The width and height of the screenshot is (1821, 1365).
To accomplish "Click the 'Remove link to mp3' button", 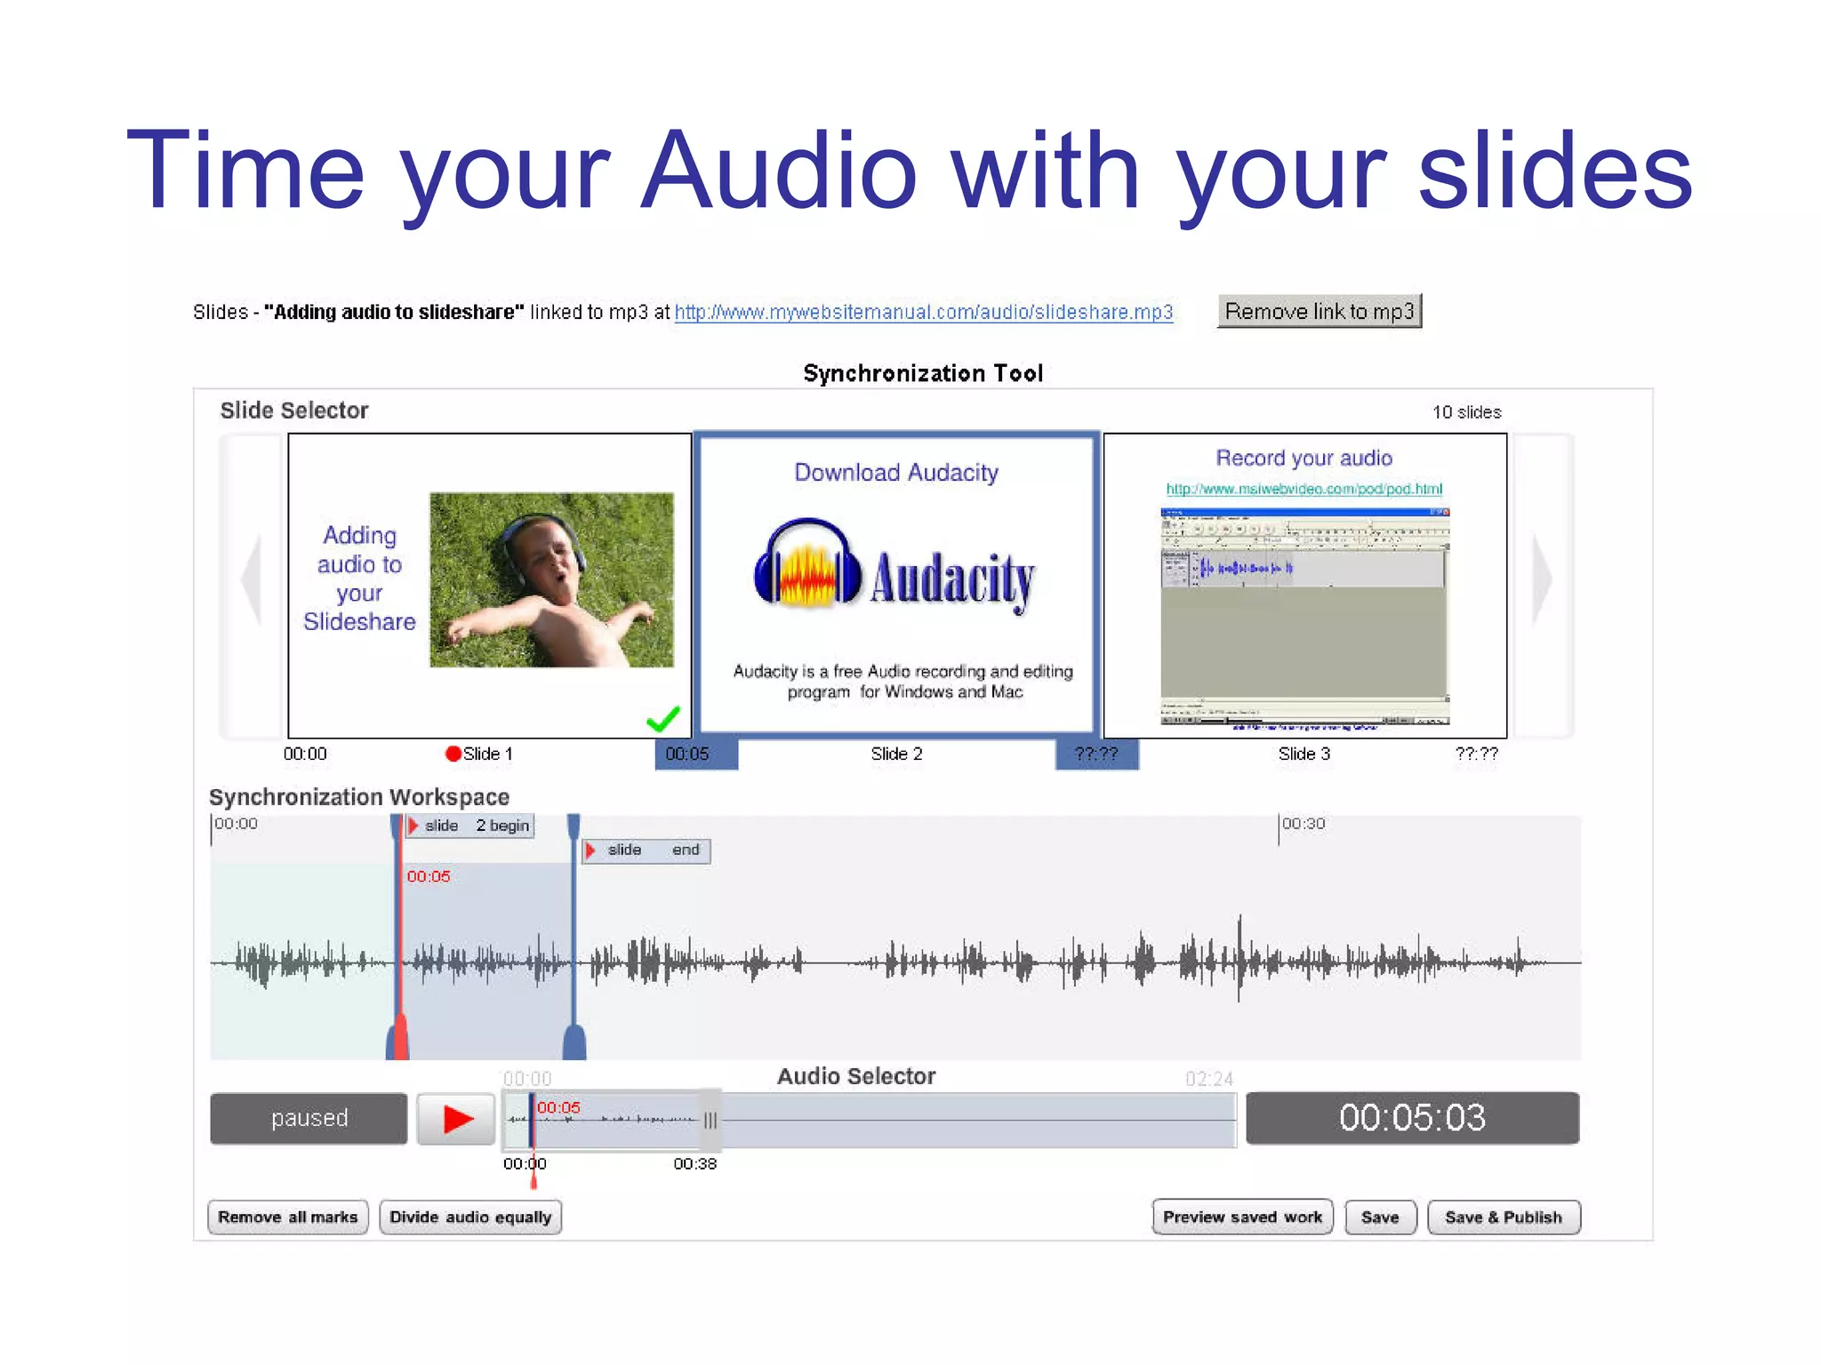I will (x=1319, y=312).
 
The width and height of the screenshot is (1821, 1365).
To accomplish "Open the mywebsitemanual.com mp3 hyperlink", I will (x=923, y=313).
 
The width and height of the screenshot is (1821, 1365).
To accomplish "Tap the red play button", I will (x=457, y=1118).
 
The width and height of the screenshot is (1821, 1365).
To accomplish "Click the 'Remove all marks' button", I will (x=287, y=1217).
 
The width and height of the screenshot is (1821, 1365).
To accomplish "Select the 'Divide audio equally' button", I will (x=470, y=1217).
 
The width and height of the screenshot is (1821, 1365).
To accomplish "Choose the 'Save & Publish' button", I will (x=1503, y=1217).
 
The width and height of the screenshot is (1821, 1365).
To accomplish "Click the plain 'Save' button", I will (x=1379, y=1217).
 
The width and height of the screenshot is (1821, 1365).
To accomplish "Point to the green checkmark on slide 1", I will (x=663, y=718).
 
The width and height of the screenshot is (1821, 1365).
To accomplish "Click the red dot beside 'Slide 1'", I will (x=453, y=754).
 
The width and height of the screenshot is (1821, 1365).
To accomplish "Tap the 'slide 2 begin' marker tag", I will (x=470, y=826).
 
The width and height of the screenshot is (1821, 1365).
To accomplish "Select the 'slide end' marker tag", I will (x=646, y=850).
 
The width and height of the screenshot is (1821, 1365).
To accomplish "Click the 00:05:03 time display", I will (x=1412, y=1118).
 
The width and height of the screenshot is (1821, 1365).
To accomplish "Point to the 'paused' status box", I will (x=309, y=1118).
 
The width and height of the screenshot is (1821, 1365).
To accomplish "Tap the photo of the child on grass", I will (x=551, y=579).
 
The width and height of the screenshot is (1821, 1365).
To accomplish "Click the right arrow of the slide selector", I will (x=1543, y=582).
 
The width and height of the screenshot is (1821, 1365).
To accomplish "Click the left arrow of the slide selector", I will (x=253, y=582).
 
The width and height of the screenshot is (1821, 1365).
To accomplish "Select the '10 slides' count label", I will (x=1466, y=412).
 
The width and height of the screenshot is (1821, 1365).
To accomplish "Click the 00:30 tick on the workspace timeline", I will (x=1303, y=825).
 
